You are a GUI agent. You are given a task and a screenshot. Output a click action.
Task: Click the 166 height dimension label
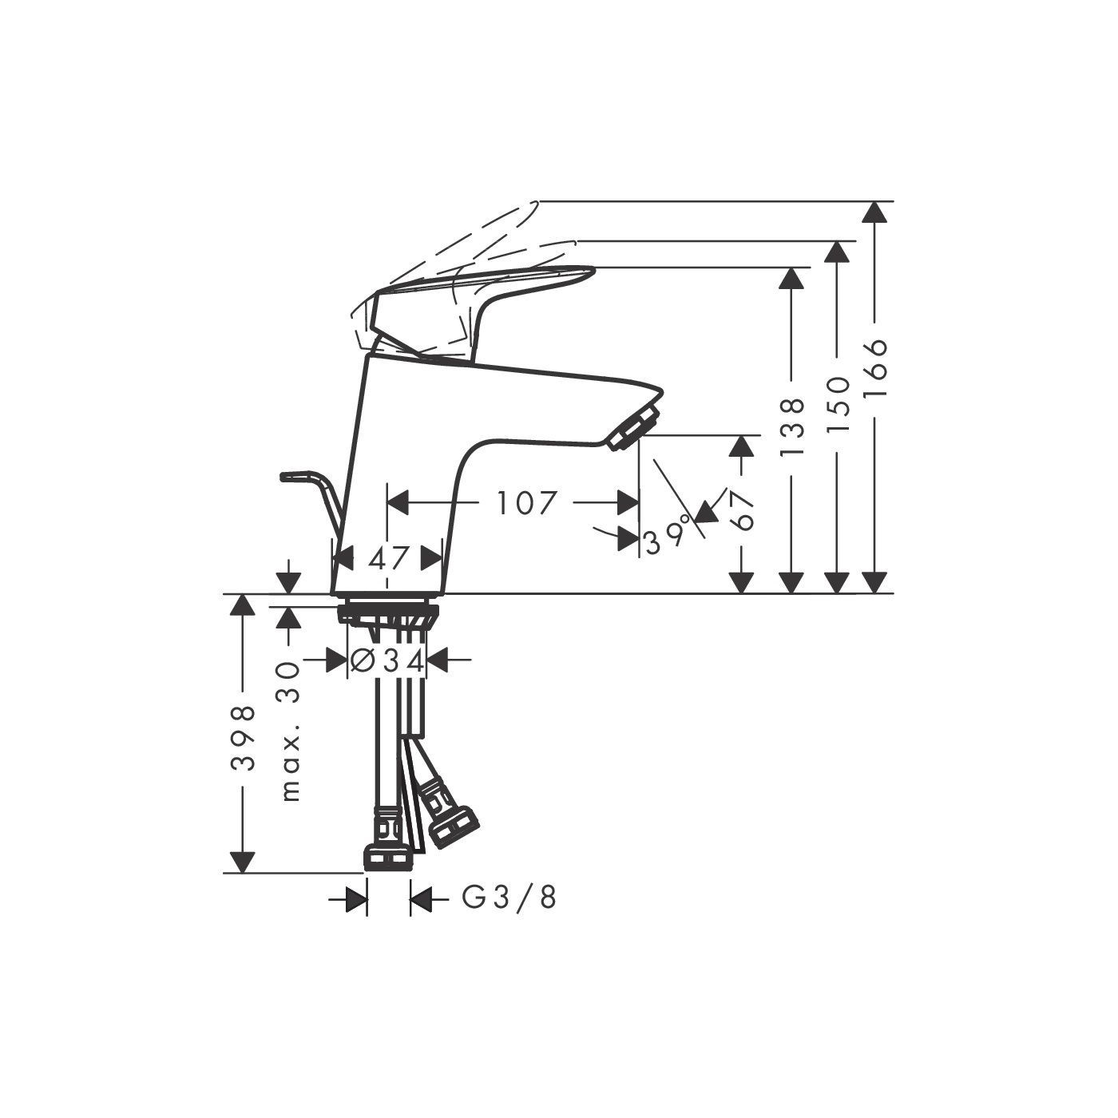[875, 368]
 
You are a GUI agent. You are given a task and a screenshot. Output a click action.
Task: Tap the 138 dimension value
[792, 426]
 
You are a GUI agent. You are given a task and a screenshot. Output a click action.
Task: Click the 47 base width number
[389, 559]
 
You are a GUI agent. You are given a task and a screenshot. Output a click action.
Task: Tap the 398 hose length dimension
[243, 737]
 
